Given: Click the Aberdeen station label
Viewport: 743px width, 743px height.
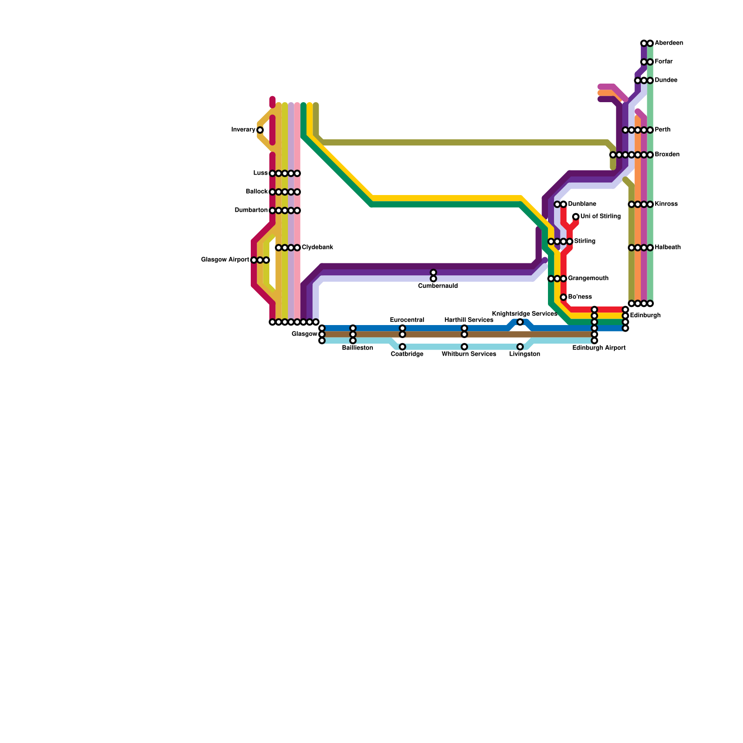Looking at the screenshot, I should click(x=669, y=43).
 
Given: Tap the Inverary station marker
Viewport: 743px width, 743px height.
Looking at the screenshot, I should click(x=260, y=130).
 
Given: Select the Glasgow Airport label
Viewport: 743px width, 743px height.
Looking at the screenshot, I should click(x=225, y=260).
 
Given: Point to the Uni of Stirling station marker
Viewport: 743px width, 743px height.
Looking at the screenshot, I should click(x=576, y=216).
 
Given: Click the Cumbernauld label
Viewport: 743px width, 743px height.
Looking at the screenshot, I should click(x=438, y=286).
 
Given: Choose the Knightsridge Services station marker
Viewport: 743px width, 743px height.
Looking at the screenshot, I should click(x=520, y=322).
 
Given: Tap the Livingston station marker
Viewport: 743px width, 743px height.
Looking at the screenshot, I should click(x=520, y=347).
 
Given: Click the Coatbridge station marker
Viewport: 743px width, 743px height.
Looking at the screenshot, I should click(x=403, y=347).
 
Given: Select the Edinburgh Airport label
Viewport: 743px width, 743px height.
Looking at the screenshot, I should click(x=599, y=348).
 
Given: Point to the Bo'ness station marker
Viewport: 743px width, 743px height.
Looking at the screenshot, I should click(x=563, y=297).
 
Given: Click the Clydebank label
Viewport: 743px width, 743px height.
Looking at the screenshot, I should click(x=317, y=248).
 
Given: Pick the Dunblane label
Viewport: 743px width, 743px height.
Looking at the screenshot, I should click(x=582, y=204).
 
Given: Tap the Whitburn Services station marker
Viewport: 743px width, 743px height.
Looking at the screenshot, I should click(x=464, y=347).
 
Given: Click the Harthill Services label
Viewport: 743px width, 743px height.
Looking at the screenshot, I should click(x=469, y=320).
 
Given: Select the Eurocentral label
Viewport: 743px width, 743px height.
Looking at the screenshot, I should click(x=407, y=320).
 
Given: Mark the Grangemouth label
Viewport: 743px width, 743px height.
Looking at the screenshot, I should click(x=588, y=279).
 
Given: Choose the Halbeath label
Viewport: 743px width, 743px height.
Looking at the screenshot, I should click(x=668, y=248).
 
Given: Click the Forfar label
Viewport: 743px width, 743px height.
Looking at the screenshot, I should click(x=664, y=62).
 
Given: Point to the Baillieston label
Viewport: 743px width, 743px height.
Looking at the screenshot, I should click(x=357, y=348).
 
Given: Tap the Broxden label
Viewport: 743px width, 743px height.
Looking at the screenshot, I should click(x=667, y=155).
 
